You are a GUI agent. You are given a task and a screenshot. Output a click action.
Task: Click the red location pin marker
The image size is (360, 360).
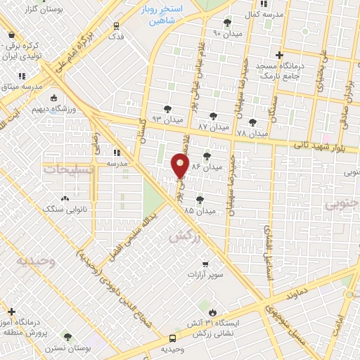(x=181, y=166)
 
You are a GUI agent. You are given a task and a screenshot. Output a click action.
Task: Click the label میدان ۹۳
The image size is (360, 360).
(x=167, y=118)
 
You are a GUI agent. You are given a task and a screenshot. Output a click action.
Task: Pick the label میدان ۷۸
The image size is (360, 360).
(x=252, y=132)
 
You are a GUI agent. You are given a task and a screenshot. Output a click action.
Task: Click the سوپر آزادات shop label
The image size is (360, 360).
(x=205, y=274)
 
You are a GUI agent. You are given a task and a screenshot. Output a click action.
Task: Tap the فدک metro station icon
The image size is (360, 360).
(x=117, y=25)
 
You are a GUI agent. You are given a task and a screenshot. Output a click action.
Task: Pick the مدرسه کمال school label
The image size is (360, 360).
(x=264, y=14)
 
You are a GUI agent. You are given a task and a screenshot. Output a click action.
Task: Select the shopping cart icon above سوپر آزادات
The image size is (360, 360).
(x=205, y=263)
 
